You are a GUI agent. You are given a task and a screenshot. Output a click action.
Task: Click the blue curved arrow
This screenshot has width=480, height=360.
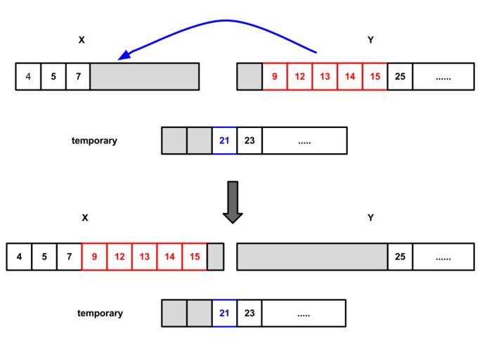click(225, 21)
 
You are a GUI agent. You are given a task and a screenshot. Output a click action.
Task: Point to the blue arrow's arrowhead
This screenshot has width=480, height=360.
click(124, 56)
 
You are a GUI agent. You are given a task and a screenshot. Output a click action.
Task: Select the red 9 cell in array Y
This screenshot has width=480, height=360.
click(274, 77)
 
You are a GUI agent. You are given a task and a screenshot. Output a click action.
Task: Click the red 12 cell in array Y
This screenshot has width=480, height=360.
click(299, 77)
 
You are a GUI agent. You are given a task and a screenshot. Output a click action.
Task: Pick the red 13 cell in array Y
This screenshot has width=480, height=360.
click(325, 77)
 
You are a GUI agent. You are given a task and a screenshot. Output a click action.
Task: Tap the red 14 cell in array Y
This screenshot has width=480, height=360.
click(350, 77)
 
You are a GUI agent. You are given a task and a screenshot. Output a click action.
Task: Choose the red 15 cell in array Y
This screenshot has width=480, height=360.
click(375, 77)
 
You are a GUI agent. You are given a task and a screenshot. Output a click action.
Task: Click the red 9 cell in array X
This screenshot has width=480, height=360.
click(94, 257)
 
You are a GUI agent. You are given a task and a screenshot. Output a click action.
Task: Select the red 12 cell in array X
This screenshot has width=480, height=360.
click(119, 257)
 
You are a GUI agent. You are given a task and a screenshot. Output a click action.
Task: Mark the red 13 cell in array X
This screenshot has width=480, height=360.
click(144, 257)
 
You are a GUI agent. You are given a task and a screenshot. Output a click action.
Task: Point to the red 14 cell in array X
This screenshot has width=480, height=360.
click(169, 257)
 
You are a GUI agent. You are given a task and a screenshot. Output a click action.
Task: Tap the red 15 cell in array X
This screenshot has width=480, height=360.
click(194, 257)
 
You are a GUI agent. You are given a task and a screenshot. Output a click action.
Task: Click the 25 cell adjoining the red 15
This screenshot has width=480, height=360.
click(400, 77)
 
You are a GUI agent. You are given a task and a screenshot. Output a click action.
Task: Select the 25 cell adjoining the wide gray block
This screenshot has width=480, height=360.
click(400, 257)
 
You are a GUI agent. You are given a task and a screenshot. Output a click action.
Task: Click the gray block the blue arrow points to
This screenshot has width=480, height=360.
click(144, 77)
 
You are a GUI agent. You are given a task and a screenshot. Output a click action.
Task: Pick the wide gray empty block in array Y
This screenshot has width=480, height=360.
click(312, 257)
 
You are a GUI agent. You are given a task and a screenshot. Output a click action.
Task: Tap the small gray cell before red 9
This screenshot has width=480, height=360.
click(249, 77)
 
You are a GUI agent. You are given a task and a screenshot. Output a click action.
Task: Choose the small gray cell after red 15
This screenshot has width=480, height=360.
click(216, 257)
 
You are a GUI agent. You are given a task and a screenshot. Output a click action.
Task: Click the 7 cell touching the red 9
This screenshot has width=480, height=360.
click(69, 257)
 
